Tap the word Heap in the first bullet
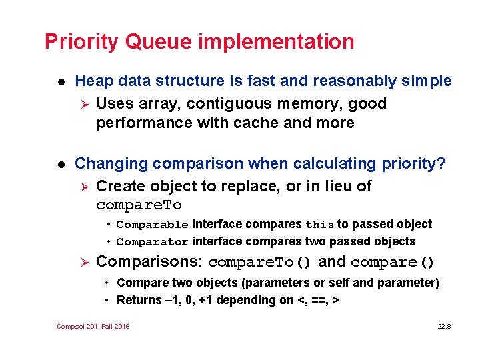point(93,81)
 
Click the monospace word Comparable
point(153,225)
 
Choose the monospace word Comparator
point(153,241)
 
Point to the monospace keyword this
point(319,225)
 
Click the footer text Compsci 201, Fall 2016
point(93,326)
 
